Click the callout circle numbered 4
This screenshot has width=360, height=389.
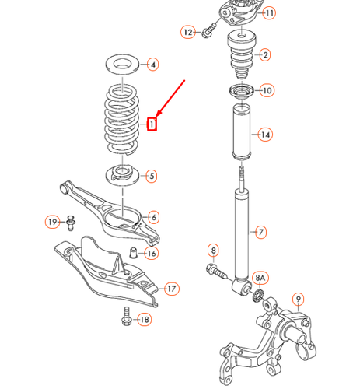pos(152,65)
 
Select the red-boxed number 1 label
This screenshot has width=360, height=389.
pos(153,123)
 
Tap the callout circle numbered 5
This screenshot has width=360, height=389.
pos(151,176)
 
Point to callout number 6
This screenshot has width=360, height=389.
pos(153,217)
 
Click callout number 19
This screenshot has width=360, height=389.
pos(52,223)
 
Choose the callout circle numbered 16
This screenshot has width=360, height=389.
pos(151,253)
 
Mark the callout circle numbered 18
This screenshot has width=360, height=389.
pos(143,320)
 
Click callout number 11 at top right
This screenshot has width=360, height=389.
pos(268,13)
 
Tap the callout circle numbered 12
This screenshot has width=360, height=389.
pos(187,32)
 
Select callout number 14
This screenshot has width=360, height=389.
pos(265,135)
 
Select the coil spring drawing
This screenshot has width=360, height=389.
pos(123,117)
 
